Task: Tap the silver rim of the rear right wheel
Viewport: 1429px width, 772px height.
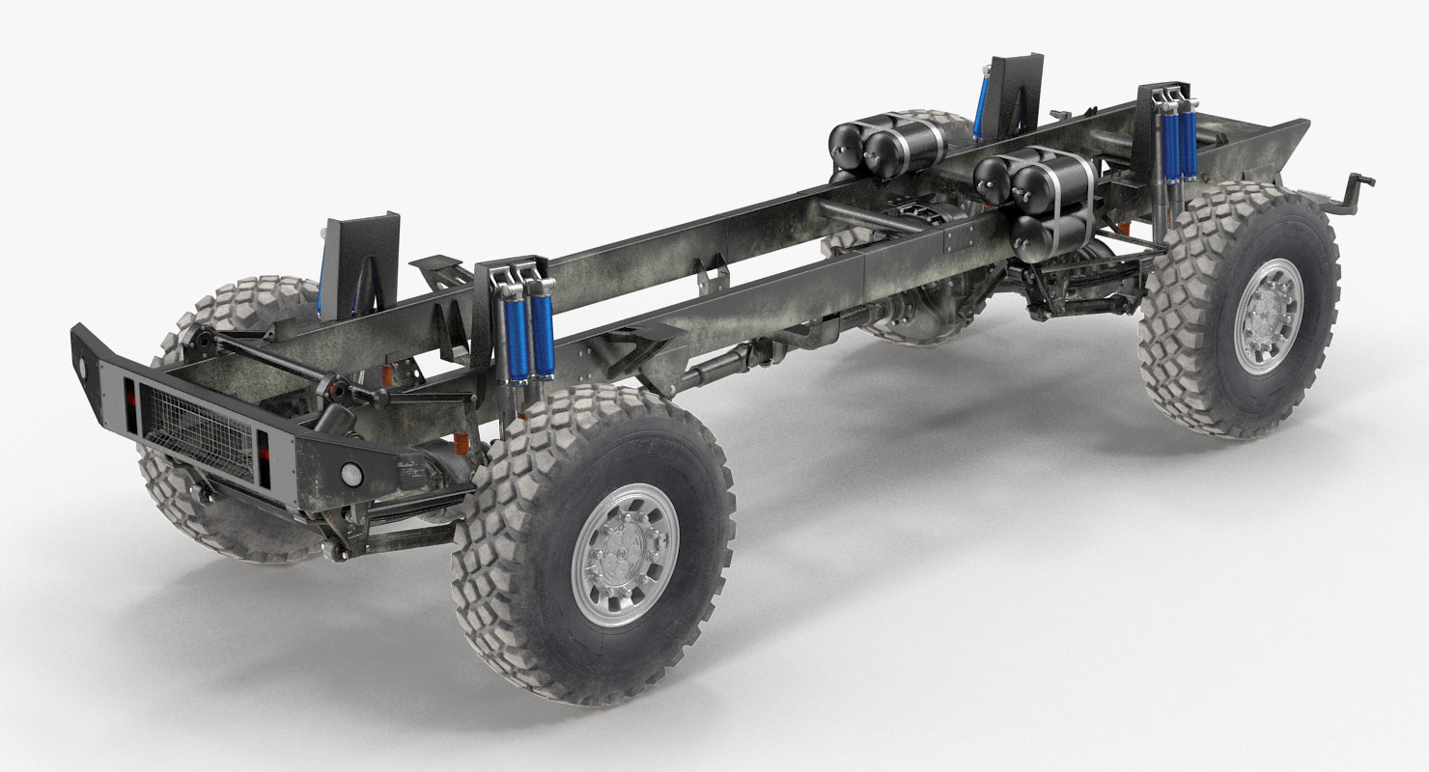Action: (x=1268, y=316)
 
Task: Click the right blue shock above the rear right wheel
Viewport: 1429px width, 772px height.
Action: (x=1188, y=145)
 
